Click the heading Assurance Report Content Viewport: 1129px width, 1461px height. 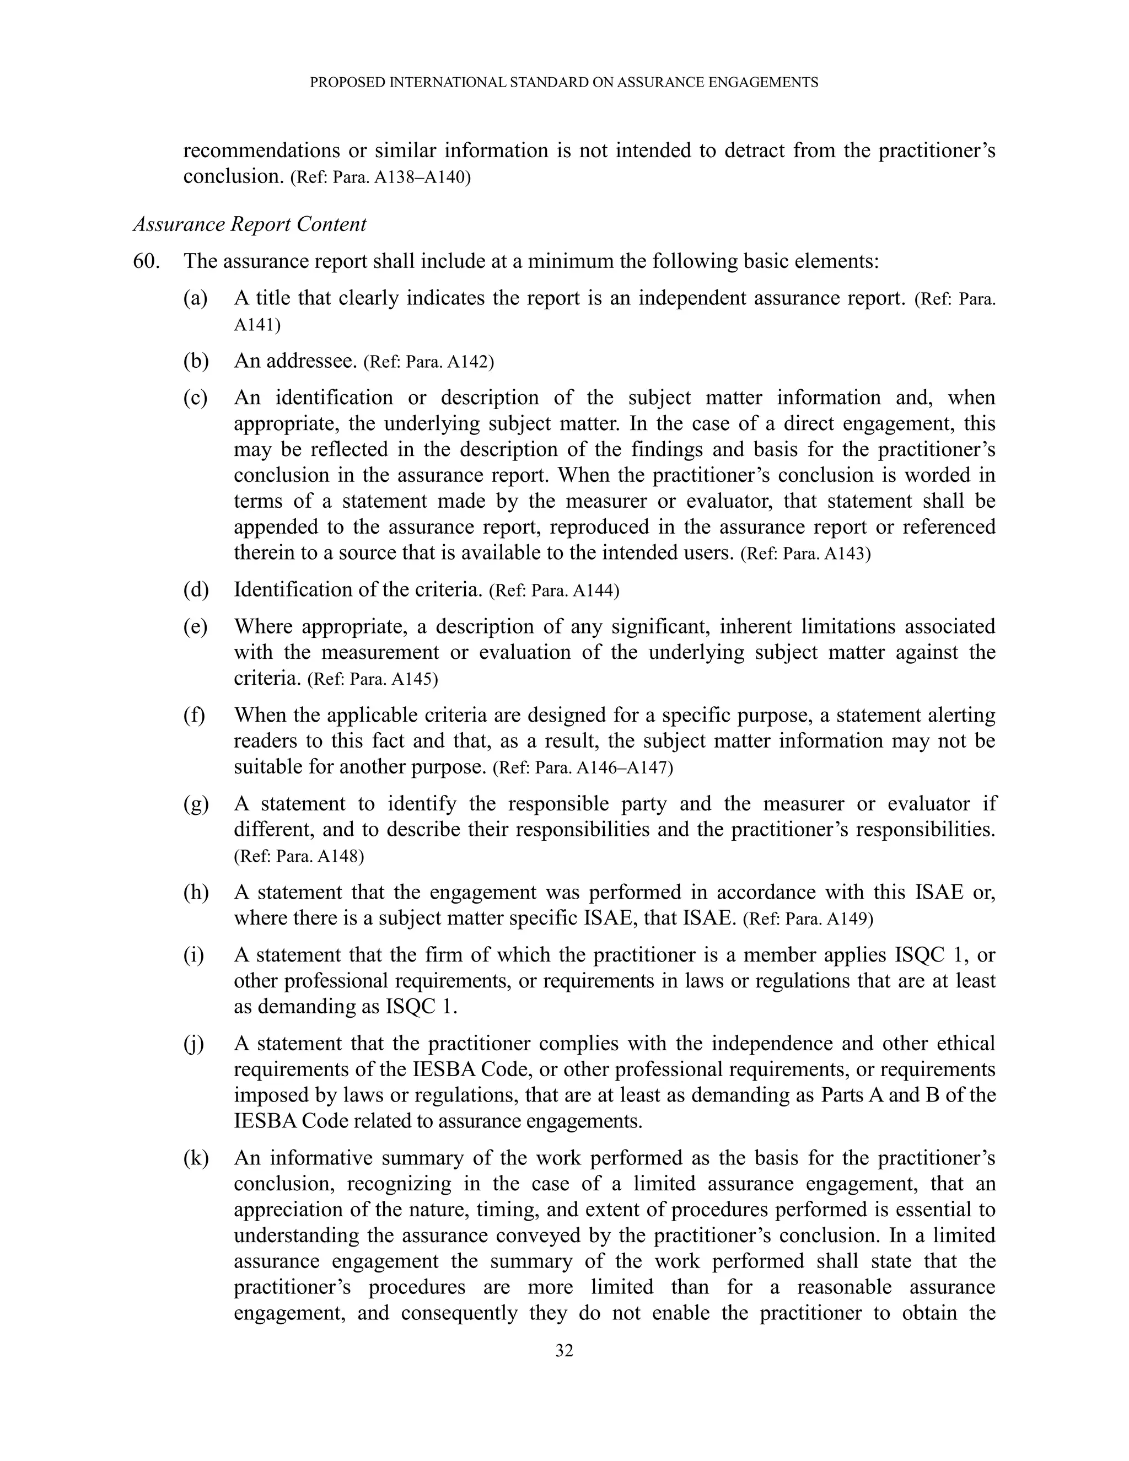(250, 224)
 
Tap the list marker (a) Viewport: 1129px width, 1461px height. (195, 298)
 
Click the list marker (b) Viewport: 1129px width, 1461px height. (195, 361)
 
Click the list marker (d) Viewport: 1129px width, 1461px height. (195, 590)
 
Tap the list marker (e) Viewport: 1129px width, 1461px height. (195, 627)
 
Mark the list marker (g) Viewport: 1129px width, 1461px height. (195, 804)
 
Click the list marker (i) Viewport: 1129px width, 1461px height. (193, 955)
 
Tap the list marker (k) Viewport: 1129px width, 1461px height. (195, 1158)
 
